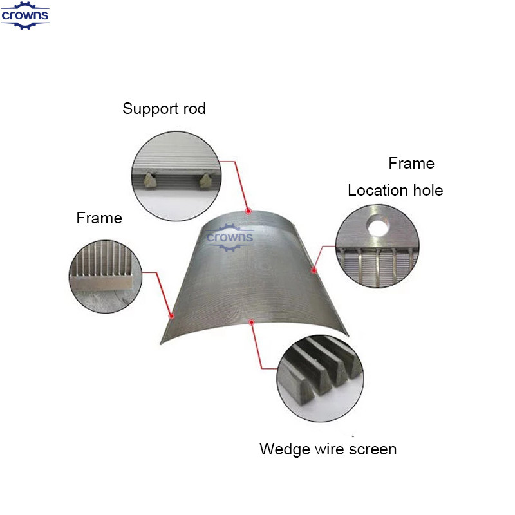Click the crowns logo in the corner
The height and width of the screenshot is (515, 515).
pyautogui.click(x=25, y=15)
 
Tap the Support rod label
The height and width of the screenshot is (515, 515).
pyautogui.click(x=164, y=109)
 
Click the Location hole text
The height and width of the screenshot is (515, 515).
pyautogui.click(x=395, y=190)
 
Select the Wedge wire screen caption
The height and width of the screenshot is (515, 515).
pyautogui.click(x=328, y=449)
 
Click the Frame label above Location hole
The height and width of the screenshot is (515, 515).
pyautogui.click(x=411, y=164)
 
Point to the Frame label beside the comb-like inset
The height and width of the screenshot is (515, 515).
pyautogui.click(x=99, y=218)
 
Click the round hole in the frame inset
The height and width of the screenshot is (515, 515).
pyautogui.click(x=378, y=225)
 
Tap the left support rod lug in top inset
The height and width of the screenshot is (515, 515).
pyautogui.click(x=150, y=180)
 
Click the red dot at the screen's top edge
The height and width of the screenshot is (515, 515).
pyautogui.click(x=248, y=211)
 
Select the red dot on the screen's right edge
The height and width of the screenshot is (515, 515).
pyautogui.click(x=314, y=270)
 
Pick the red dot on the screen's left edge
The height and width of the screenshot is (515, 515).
pyautogui.click(x=171, y=316)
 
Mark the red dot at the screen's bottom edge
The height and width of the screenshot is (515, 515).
pyautogui.click(x=252, y=323)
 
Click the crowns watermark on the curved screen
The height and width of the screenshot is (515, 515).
pyautogui.click(x=230, y=237)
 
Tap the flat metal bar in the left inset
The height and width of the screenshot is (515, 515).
pyautogui.click(x=102, y=282)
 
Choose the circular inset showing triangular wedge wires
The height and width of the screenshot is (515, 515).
pyautogui.click(x=320, y=379)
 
